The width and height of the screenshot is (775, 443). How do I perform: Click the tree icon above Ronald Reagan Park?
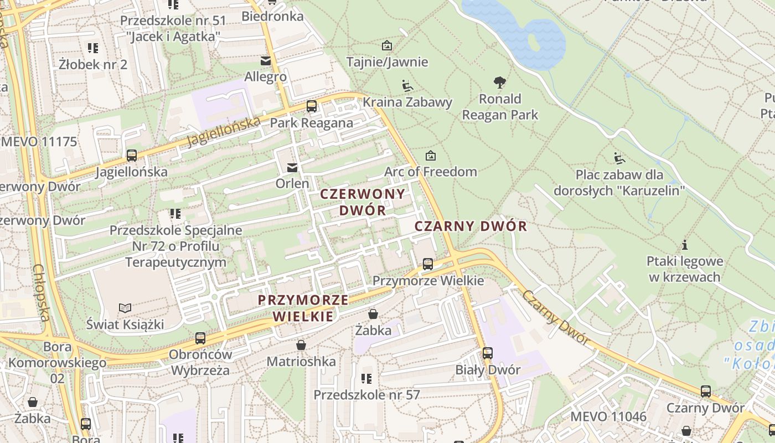point(500,83)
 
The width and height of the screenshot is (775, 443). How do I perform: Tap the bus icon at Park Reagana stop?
point(312,106)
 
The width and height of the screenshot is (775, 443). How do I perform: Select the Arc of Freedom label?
point(430,172)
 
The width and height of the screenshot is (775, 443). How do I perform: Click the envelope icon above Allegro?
point(266,60)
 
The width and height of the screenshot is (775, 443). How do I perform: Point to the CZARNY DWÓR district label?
point(471,226)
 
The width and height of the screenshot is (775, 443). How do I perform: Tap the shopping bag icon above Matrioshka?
point(301,346)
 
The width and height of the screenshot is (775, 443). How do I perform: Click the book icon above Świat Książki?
point(126,308)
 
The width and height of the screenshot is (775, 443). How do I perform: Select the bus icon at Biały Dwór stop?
point(487,353)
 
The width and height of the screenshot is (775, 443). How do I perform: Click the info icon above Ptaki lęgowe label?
point(685,245)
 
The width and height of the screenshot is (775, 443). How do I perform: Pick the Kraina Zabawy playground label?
point(407,102)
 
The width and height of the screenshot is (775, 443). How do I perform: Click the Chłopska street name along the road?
point(42,292)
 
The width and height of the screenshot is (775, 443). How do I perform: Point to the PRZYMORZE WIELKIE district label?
point(303,308)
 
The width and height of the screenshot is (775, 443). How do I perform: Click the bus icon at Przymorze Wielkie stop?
point(427,264)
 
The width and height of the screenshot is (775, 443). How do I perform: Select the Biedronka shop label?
point(272,16)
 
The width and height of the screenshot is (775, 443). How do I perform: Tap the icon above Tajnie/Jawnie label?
point(387,45)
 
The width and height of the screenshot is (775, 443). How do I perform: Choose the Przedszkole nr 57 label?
point(366,395)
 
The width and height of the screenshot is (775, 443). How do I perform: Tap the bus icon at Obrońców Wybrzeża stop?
point(200,338)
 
